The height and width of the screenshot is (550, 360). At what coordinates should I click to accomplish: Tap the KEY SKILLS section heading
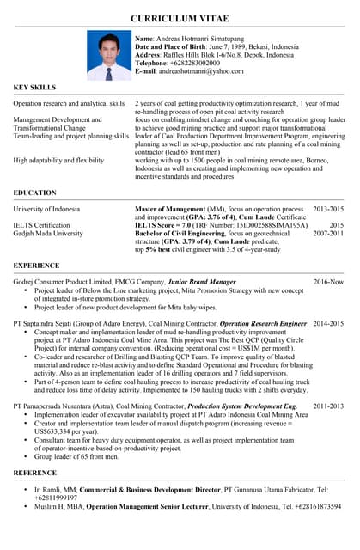34,88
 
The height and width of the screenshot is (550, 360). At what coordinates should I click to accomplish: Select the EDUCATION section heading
37,193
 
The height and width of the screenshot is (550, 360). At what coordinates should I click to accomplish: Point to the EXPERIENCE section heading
37,266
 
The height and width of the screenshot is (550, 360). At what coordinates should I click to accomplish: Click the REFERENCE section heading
37,474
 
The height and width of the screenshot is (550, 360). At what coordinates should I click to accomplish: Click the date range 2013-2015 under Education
327,209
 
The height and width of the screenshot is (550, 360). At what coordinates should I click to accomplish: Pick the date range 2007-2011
327,233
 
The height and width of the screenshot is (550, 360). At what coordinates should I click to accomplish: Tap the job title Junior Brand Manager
202,282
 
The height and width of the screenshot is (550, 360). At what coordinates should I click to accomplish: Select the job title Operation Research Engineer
263,324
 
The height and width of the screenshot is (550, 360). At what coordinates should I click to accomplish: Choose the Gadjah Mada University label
48,233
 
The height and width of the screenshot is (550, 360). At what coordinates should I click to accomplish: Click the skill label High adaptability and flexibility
58,161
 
